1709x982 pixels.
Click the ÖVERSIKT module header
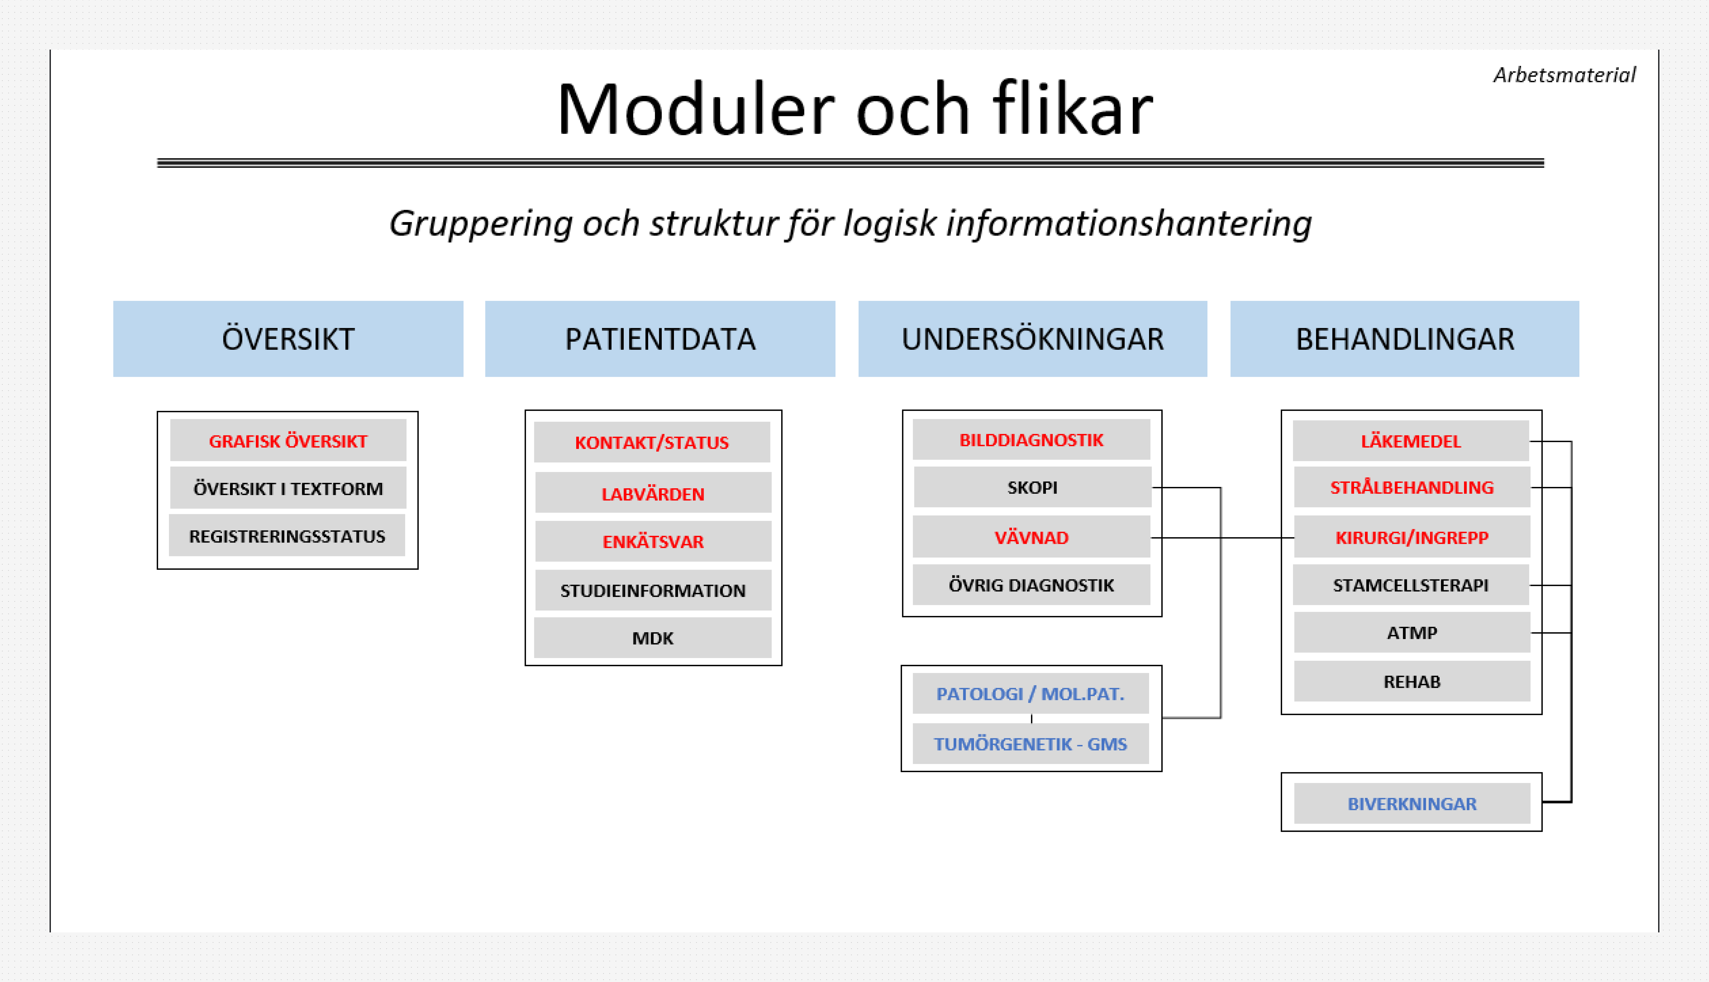(288, 339)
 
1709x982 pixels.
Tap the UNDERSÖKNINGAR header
(1032, 339)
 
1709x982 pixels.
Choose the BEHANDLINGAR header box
(1404, 339)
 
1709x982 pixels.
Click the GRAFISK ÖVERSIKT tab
(288, 441)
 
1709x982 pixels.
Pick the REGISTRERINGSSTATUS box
(287, 536)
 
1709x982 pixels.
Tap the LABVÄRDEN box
(652, 494)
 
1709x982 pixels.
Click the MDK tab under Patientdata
(652, 638)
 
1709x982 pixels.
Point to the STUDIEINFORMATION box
(652, 591)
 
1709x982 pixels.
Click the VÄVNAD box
(1032, 538)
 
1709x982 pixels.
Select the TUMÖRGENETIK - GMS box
(1030, 744)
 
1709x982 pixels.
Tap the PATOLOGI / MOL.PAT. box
(1030, 694)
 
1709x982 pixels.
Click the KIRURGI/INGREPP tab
(1412, 538)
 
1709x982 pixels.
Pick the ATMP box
(1412, 633)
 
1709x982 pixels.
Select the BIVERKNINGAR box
(1412, 804)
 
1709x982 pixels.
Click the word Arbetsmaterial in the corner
(1564, 75)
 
